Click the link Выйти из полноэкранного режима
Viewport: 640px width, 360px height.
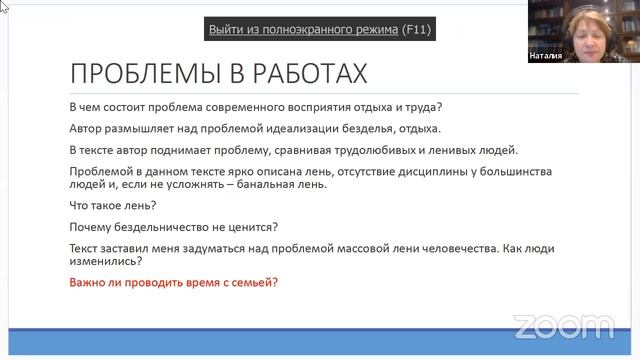click(303, 29)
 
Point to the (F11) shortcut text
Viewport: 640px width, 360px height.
click(416, 29)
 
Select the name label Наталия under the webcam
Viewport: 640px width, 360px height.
click(546, 56)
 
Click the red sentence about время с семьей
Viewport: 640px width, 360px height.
click(174, 282)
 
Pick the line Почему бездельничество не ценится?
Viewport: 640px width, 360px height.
click(173, 227)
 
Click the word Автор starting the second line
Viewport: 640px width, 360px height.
click(88, 129)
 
